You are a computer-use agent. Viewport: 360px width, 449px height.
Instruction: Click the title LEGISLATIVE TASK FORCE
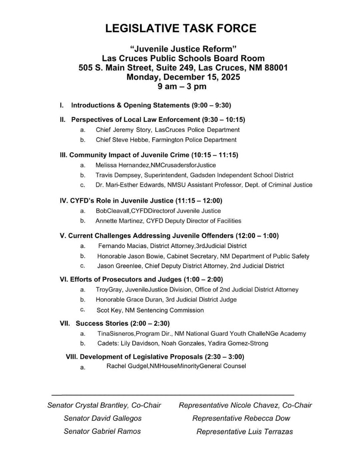181,29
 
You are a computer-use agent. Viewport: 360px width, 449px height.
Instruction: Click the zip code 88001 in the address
276,68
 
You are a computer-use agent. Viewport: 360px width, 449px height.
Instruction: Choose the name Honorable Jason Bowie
130,256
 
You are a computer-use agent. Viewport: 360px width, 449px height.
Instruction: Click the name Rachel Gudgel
127,366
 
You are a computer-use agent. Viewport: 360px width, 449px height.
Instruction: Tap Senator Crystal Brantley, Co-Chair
104,405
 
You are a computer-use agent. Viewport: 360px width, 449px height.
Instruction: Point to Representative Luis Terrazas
245,432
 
